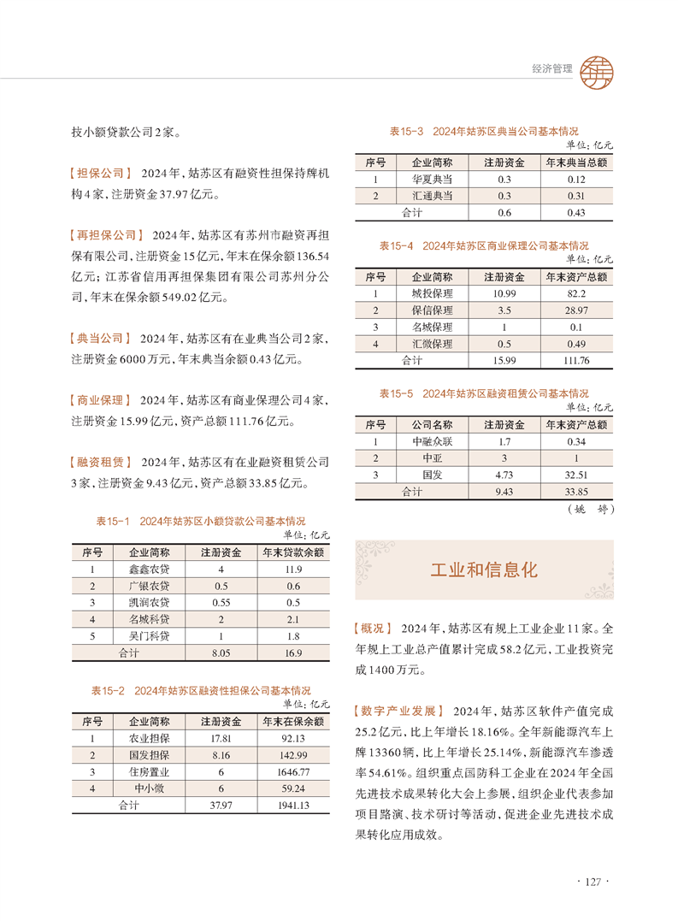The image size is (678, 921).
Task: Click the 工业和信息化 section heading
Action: click(x=484, y=570)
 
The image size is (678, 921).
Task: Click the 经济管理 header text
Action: click(x=546, y=69)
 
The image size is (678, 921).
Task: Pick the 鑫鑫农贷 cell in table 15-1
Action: click(x=149, y=569)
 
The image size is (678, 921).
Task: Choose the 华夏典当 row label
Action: click(x=432, y=179)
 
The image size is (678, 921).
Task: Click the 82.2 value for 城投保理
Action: click(x=575, y=293)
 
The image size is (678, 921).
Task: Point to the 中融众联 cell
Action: click(x=432, y=441)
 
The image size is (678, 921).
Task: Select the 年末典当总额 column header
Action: click(x=575, y=162)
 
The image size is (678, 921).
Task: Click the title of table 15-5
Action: click(x=483, y=393)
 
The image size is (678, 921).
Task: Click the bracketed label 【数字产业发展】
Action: click(x=398, y=711)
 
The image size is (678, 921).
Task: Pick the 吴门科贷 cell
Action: click(x=149, y=636)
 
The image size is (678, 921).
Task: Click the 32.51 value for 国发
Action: click(x=575, y=475)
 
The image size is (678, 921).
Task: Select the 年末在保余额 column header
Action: click(x=292, y=720)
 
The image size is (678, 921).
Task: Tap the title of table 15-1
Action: click(x=200, y=520)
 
